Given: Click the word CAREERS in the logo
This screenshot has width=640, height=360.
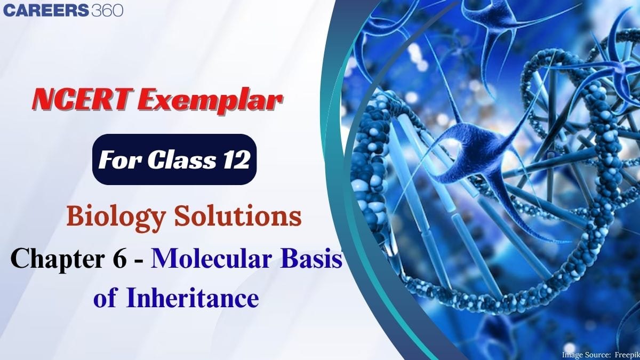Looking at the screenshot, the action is tap(46, 10).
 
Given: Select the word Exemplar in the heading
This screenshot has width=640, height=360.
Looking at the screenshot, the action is tap(211, 101).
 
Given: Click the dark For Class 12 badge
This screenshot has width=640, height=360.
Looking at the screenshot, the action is tap(174, 159).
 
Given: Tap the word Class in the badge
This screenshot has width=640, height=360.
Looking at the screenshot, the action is tap(182, 159).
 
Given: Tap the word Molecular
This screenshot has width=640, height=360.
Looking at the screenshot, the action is tap(211, 258).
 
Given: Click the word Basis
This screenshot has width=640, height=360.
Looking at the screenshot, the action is tap(311, 258).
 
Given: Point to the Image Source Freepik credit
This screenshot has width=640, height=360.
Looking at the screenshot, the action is tap(601, 355).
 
